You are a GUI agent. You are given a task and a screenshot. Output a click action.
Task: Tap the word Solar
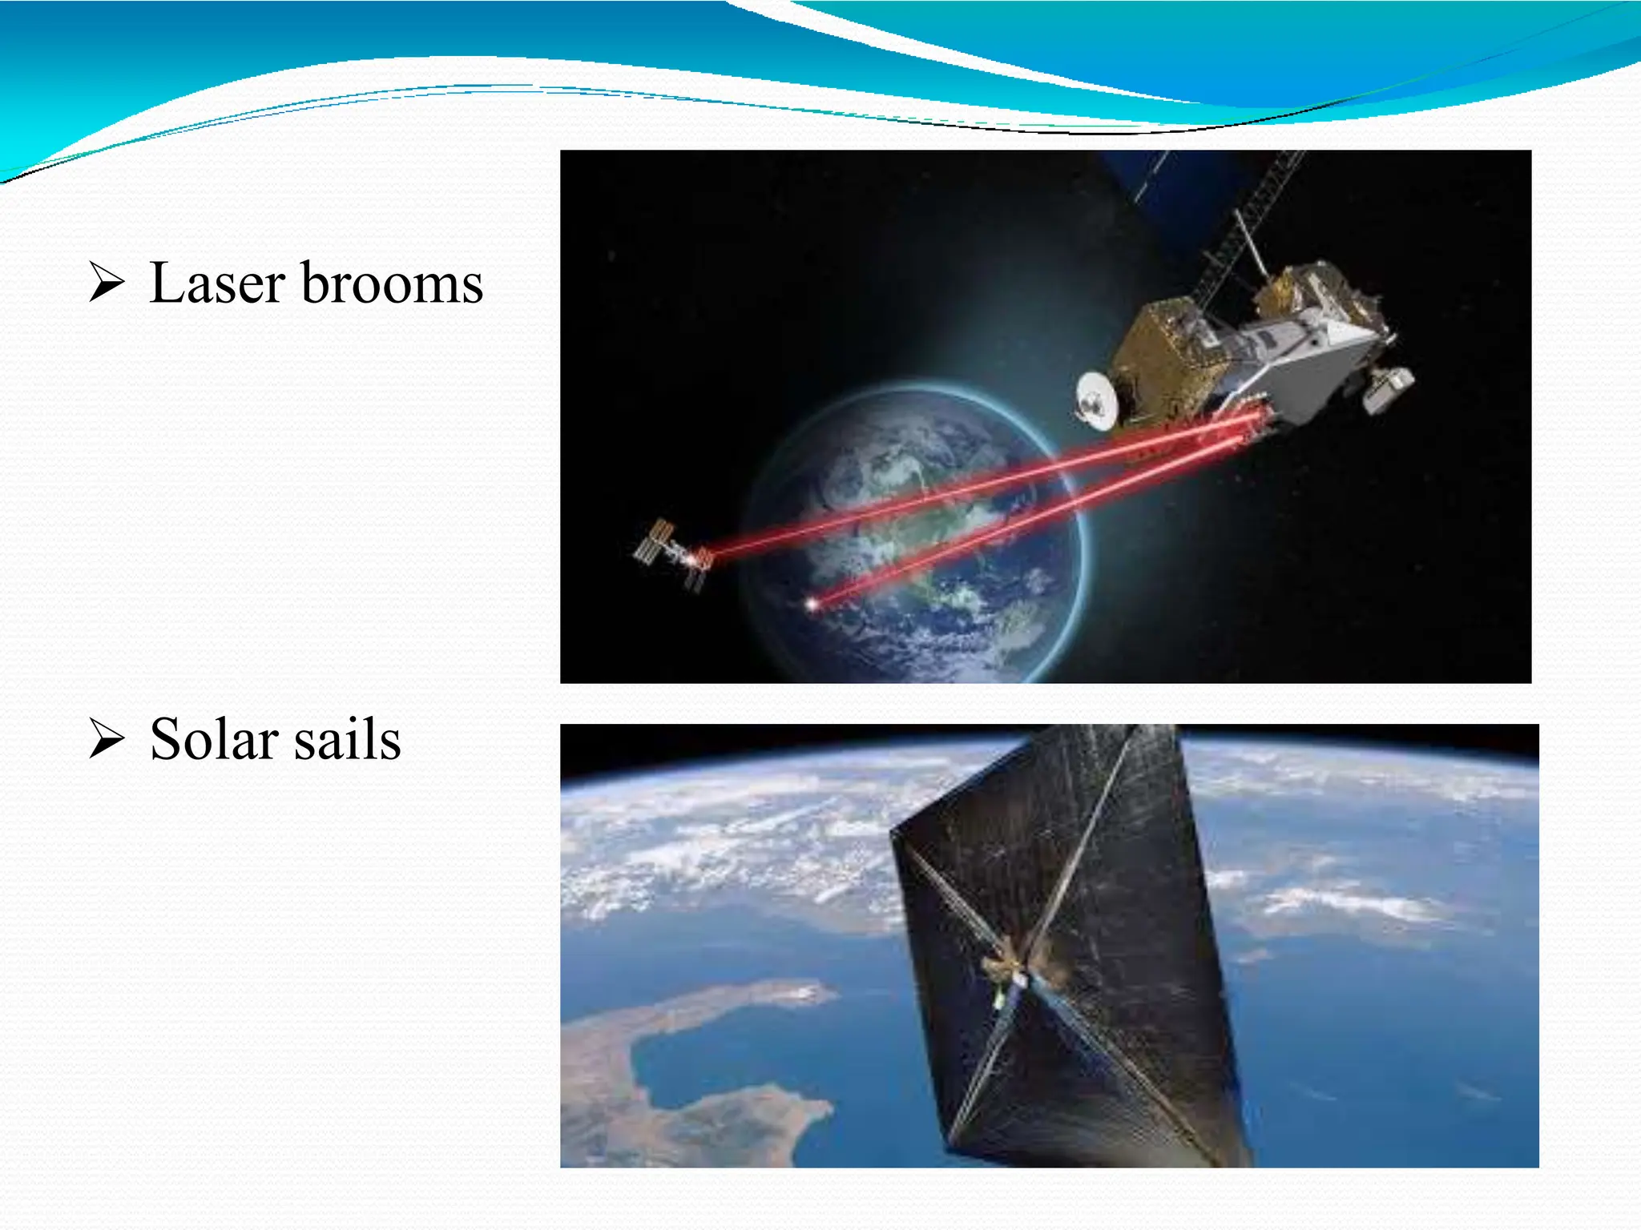tap(214, 738)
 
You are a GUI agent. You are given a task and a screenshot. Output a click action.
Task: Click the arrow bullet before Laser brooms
tap(107, 283)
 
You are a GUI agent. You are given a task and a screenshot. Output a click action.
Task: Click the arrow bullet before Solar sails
tap(107, 738)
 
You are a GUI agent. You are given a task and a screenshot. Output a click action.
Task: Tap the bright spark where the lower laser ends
tap(812, 604)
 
